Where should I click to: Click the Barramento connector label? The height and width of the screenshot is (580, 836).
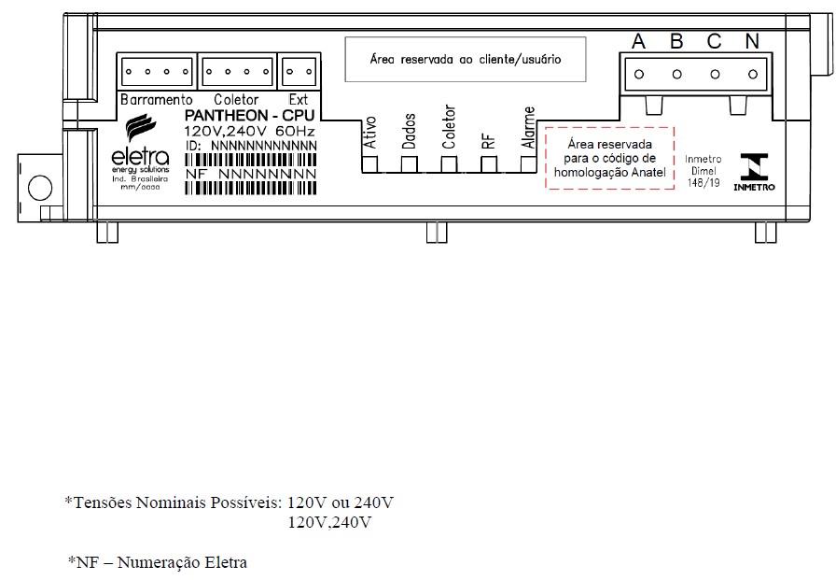click(156, 100)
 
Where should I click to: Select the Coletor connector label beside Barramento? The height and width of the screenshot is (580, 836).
click(236, 100)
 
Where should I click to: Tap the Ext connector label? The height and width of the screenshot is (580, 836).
click(299, 100)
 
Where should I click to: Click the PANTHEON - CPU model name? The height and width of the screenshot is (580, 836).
click(249, 116)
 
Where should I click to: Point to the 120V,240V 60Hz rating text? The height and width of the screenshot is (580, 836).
click(249, 132)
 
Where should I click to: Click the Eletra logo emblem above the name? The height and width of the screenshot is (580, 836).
click(141, 127)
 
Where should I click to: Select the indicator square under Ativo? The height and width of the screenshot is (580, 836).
click(369, 163)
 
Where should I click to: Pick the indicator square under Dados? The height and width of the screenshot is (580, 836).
click(409, 163)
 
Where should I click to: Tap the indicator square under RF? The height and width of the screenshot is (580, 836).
click(488, 163)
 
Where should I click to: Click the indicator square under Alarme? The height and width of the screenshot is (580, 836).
click(528, 163)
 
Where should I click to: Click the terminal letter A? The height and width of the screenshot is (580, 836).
click(638, 41)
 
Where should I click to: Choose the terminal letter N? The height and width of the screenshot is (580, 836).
click(752, 41)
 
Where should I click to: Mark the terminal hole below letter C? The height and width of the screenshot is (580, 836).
click(715, 75)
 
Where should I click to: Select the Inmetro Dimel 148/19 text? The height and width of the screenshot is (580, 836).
click(704, 171)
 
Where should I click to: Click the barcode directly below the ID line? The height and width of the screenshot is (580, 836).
click(251, 160)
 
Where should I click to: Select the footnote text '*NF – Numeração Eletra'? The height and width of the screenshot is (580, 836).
click(158, 562)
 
